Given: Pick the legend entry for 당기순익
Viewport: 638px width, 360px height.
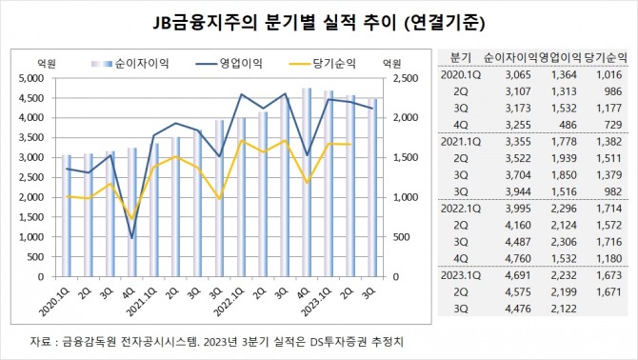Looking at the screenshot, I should (x=339, y=63).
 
